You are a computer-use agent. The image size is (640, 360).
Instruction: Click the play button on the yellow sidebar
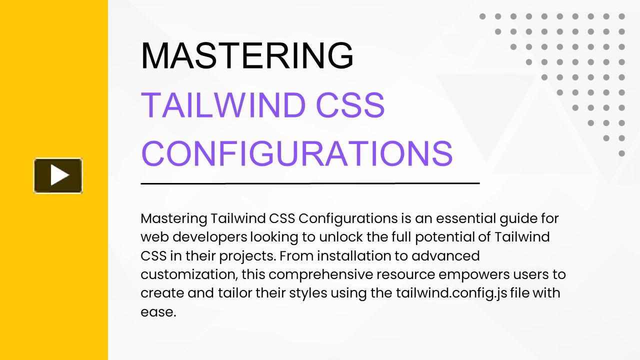[x=58, y=175]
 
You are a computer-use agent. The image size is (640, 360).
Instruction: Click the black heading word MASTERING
[x=247, y=55]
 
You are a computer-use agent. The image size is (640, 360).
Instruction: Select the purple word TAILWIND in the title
[x=223, y=105]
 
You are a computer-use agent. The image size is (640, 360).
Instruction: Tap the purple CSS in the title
[x=350, y=105]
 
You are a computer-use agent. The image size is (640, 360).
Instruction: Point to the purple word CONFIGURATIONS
[x=297, y=153]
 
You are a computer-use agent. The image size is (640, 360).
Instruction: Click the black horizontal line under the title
[x=310, y=183]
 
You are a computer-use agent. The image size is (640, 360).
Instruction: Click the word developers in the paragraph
[x=209, y=237]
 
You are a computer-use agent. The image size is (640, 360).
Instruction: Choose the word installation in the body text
[x=354, y=255]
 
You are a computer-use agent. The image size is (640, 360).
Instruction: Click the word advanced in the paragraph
[x=445, y=255]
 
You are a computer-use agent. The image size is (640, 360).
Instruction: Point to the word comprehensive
[x=320, y=275]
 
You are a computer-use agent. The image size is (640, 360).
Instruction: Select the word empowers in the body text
[x=474, y=275]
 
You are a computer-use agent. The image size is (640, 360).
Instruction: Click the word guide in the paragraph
[x=517, y=219]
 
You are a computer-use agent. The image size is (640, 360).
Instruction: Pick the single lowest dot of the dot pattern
[x=621, y=153]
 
